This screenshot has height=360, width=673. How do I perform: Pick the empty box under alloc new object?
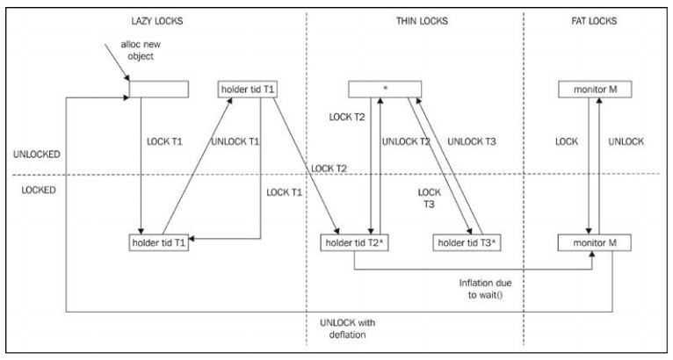[159, 89]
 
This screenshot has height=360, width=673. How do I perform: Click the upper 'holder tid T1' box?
[249, 89]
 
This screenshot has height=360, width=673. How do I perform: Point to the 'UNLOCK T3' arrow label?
[474, 141]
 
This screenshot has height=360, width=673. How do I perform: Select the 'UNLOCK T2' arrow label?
[407, 141]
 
